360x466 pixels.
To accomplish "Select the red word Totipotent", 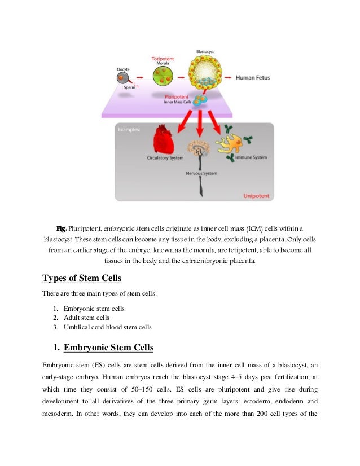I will click(163, 58).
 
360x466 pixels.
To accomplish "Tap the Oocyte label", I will click(123, 69).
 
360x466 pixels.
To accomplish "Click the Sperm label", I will click(130, 89).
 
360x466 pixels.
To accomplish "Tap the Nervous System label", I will click(201, 173).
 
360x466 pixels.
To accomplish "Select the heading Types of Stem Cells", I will click(82, 279).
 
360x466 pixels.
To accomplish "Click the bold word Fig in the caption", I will click(61, 228).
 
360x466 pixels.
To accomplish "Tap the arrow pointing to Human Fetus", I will click(228, 76).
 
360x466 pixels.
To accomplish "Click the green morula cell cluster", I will click(163, 76).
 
